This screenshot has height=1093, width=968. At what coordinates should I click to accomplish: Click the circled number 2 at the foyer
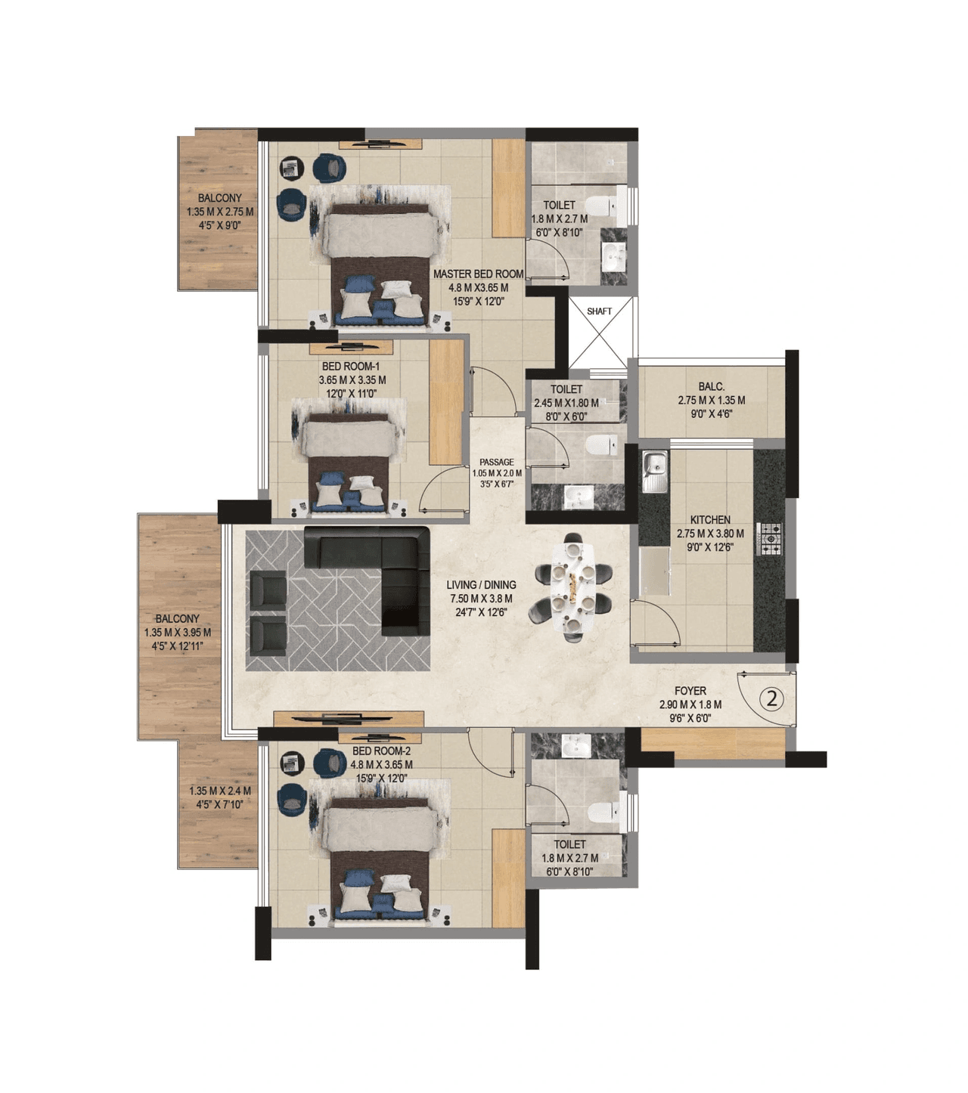[771, 698]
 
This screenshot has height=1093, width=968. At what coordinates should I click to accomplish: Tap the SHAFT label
[599, 311]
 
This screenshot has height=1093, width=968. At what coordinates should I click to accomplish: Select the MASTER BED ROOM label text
[478, 274]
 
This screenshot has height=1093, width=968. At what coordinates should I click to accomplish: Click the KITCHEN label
[710, 520]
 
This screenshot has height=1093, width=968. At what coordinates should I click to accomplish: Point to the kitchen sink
[654, 469]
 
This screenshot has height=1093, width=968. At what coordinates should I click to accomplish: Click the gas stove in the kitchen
[771, 538]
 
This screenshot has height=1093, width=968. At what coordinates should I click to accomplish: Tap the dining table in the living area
[573, 587]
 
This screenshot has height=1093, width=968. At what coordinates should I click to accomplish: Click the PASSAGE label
[496, 463]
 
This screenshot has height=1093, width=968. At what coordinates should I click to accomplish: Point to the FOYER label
[690, 691]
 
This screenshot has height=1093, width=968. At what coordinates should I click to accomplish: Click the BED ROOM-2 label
[381, 751]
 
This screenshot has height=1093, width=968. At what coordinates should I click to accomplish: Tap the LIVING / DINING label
[481, 585]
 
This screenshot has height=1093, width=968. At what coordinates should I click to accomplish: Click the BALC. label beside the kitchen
[711, 387]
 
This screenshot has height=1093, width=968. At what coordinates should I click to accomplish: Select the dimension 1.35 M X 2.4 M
[219, 791]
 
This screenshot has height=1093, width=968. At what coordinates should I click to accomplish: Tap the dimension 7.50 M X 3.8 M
[480, 599]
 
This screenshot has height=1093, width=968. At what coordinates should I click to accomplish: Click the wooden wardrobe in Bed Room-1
[446, 402]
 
